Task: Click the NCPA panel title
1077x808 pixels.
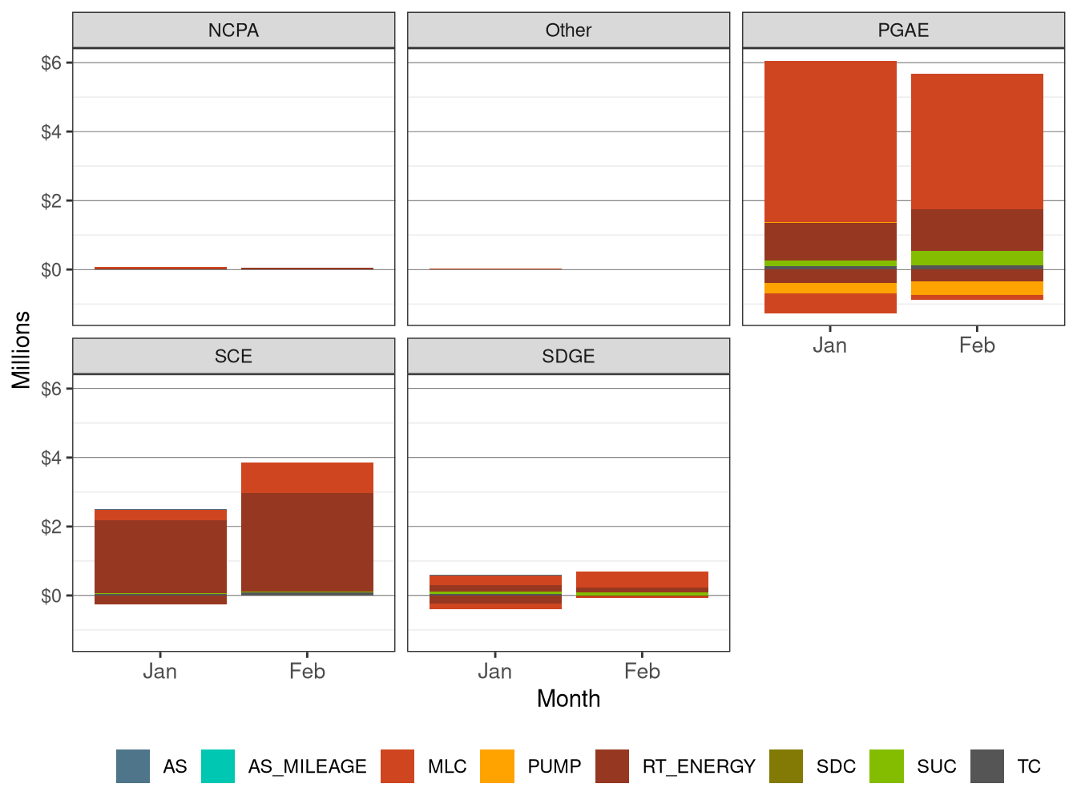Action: point(233,30)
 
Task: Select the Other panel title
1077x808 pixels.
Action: point(568,30)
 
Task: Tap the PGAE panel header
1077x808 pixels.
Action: point(903,30)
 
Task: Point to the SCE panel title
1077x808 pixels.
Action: point(233,357)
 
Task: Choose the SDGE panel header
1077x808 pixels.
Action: point(568,357)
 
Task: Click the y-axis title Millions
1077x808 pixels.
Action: point(22,349)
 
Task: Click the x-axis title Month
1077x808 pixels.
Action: point(568,699)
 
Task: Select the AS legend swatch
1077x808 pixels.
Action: point(133,766)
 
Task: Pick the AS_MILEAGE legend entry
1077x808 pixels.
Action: point(218,766)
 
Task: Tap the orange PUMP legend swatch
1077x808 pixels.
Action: point(497,766)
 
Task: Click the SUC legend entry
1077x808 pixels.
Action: point(886,766)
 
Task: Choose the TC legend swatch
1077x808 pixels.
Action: point(987,766)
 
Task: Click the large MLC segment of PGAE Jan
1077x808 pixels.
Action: point(830,142)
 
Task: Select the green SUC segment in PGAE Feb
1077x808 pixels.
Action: point(977,258)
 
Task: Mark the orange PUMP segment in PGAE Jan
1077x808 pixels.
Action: point(830,289)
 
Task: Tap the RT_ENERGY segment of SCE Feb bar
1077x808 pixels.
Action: point(307,542)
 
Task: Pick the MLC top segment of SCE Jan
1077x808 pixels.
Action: point(160,515)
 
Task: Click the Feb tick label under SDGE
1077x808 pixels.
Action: point(642,672)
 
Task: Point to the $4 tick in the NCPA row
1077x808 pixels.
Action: point(51,131)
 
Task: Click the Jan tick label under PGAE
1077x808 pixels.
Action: point(829,345)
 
